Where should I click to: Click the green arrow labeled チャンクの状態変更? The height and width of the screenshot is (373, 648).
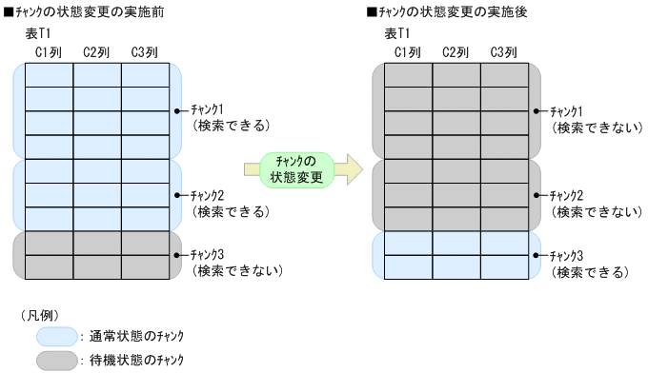[x=301, y=168]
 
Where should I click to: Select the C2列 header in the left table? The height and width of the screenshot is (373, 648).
[x=97, y=52]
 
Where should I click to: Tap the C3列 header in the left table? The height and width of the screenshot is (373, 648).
[x=145, y=52]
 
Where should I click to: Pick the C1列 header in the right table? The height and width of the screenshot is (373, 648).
[x=408, y=52]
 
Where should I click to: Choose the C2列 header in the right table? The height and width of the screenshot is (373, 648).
[x=456, y=52]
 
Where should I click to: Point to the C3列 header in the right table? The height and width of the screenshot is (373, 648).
[x=504, y=52]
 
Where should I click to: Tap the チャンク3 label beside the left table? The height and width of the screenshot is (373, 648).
[x=204, y=255]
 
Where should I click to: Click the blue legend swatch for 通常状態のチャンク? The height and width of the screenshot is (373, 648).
[x=56, y=335]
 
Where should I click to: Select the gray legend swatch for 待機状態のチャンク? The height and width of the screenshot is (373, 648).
[x=56, y=360]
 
